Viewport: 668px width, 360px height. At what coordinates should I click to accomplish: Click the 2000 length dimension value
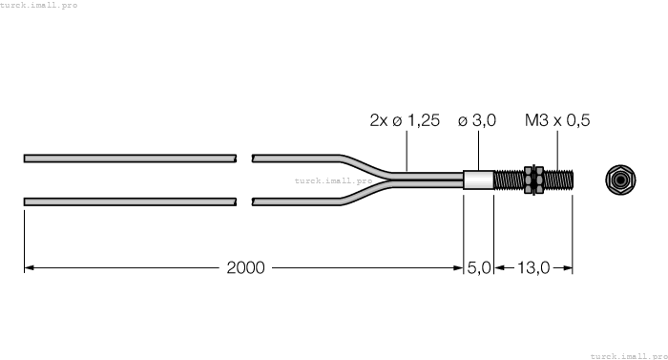247,267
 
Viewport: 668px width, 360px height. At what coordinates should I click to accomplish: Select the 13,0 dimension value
532,267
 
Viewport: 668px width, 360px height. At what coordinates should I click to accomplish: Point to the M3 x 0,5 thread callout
558,121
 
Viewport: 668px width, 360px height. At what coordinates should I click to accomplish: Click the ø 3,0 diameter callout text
478,121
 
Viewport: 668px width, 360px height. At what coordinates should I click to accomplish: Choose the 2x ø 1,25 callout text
406,121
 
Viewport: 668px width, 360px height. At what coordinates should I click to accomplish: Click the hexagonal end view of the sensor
620,179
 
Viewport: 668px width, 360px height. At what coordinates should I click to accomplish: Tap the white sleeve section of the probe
479,179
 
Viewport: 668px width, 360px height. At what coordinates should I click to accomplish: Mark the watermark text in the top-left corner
39,6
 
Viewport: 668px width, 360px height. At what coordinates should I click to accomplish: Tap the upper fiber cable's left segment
129,156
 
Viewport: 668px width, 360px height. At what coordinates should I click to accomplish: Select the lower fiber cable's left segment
129,201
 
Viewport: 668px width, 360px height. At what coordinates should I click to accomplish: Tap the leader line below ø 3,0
478,151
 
